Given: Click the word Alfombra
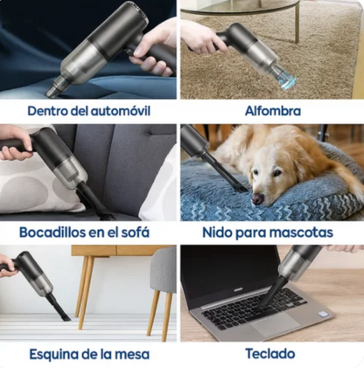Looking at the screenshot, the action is pos(273,111).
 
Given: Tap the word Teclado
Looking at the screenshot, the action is pos(270,354).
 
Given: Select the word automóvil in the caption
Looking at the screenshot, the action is pos(121,111).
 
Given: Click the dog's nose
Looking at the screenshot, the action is pos(258,199).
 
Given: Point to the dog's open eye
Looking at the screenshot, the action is pos(276,172).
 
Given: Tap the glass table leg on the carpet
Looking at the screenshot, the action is pos(297,23).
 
